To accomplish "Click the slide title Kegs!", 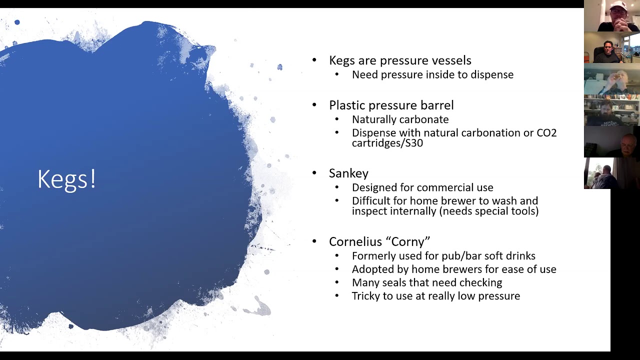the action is point(67,179).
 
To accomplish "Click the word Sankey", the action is point(348,173).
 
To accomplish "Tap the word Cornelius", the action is point(355,241).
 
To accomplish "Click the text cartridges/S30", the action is point(387,143).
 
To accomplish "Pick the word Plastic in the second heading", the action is point(347,105).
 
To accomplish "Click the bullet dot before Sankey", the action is point(314,173).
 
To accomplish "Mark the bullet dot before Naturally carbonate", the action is point(337,119).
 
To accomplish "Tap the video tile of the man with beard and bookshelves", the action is point(611,110).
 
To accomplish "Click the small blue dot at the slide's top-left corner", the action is point(17,22).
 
